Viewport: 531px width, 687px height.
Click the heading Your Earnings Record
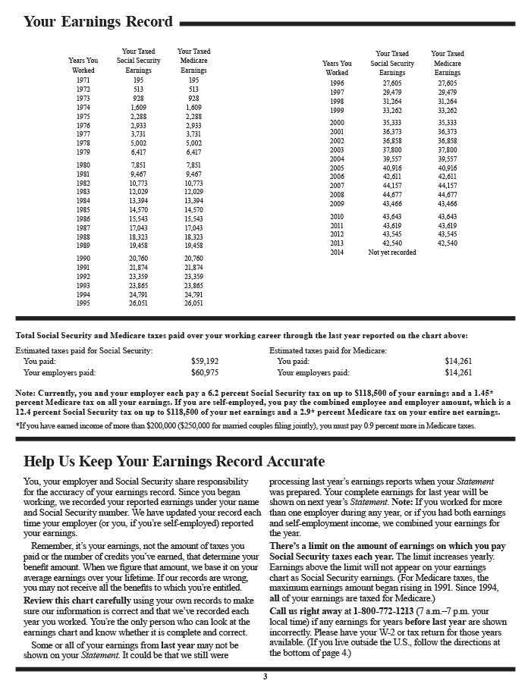[98, 21]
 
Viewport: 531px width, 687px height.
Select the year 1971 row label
[83, 80]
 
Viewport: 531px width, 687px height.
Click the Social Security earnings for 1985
[138, 210]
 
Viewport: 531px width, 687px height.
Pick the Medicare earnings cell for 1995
[193, 303]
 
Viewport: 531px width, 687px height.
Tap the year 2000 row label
[337, 123]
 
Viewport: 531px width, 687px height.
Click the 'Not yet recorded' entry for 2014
[392, 253]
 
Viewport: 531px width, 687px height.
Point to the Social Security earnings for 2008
[392, 195]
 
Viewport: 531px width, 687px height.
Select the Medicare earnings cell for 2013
[448, 243]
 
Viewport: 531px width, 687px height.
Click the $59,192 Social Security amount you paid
[205, 362]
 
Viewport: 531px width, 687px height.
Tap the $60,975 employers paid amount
[205, 373]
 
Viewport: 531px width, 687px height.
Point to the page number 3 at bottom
[265, 677]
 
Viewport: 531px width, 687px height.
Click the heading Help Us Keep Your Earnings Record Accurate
[174, 461]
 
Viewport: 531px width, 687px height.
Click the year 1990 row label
[83, 259]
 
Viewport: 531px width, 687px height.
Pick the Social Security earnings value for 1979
[138, 152]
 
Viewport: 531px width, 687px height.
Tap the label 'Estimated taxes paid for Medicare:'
[328, 350]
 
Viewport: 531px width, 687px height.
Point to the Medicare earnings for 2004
[448, 159]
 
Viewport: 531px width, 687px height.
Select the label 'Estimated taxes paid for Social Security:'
[84, 350]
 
